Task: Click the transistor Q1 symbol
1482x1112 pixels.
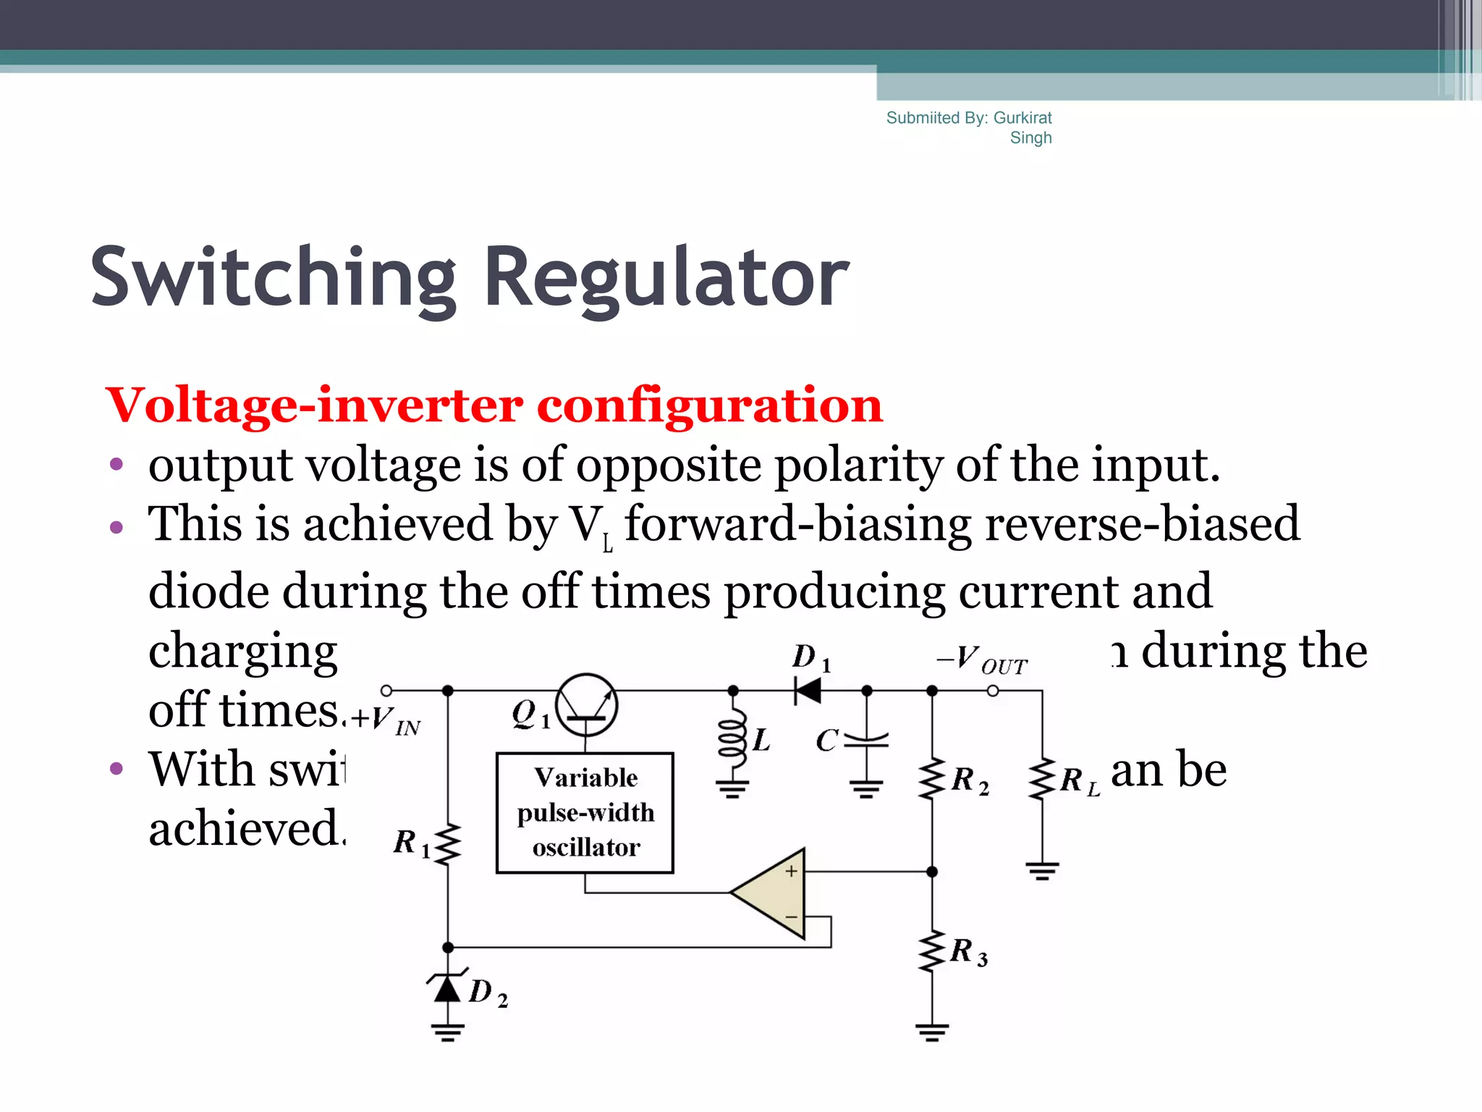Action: pos(587,704)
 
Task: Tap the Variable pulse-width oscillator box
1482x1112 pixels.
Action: pos(585,812)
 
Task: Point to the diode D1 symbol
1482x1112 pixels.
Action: pos(808,690)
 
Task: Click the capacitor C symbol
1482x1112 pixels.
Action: pos(866,738)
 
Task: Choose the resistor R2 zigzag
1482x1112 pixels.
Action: pos(932,779)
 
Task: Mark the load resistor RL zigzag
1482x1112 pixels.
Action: pos(1042,779)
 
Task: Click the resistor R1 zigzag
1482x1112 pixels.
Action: pos(448,843)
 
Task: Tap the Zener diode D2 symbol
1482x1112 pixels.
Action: pos(448,987)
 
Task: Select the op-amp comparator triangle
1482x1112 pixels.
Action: pos(774,893)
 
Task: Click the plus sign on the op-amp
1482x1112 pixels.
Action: pos(792,872)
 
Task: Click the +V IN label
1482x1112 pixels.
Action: pos(386,721)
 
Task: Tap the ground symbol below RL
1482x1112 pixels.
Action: pos(1042,870)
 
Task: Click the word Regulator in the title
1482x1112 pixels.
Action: pos(666,278)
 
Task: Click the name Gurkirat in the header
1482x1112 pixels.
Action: pos(1022,118)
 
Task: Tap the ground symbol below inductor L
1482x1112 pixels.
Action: pos(732,789)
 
